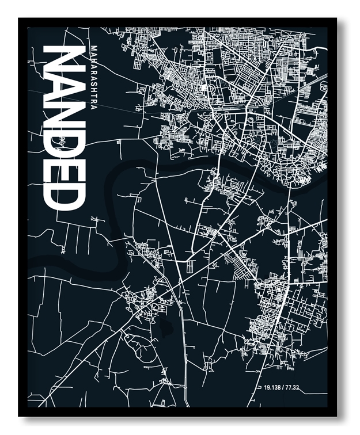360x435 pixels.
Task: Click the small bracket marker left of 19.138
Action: [x=259, y=387]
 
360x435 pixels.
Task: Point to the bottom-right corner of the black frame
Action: [x=336, y=416]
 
